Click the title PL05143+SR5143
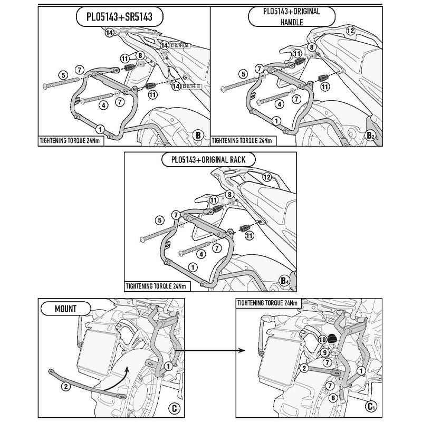point(119,17)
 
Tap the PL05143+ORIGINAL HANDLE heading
point(292,17)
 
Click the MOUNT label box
point(65,308)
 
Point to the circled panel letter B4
point(285,280)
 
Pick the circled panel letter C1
point(371,406)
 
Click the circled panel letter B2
point(371,136)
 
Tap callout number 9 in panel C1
point(326,352)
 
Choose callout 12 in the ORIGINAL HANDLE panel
point(350,31)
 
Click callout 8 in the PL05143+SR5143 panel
point(140,55)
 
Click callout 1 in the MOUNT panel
point(167,366)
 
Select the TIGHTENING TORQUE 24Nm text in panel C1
point(267,303)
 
